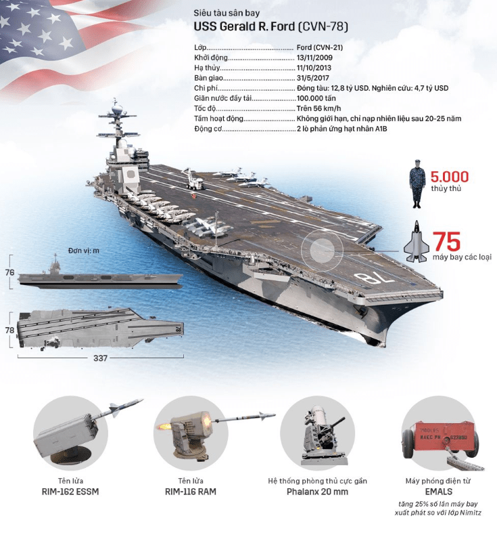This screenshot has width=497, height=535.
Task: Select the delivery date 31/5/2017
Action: [314, 79]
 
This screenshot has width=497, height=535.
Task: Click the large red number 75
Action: [446, 242]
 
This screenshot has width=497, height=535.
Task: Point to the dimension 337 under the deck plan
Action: [101, 358]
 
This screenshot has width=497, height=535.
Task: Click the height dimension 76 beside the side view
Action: [10, 272]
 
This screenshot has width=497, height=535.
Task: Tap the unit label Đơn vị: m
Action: [84, 251]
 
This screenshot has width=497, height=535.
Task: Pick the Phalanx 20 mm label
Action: [317, 491]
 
